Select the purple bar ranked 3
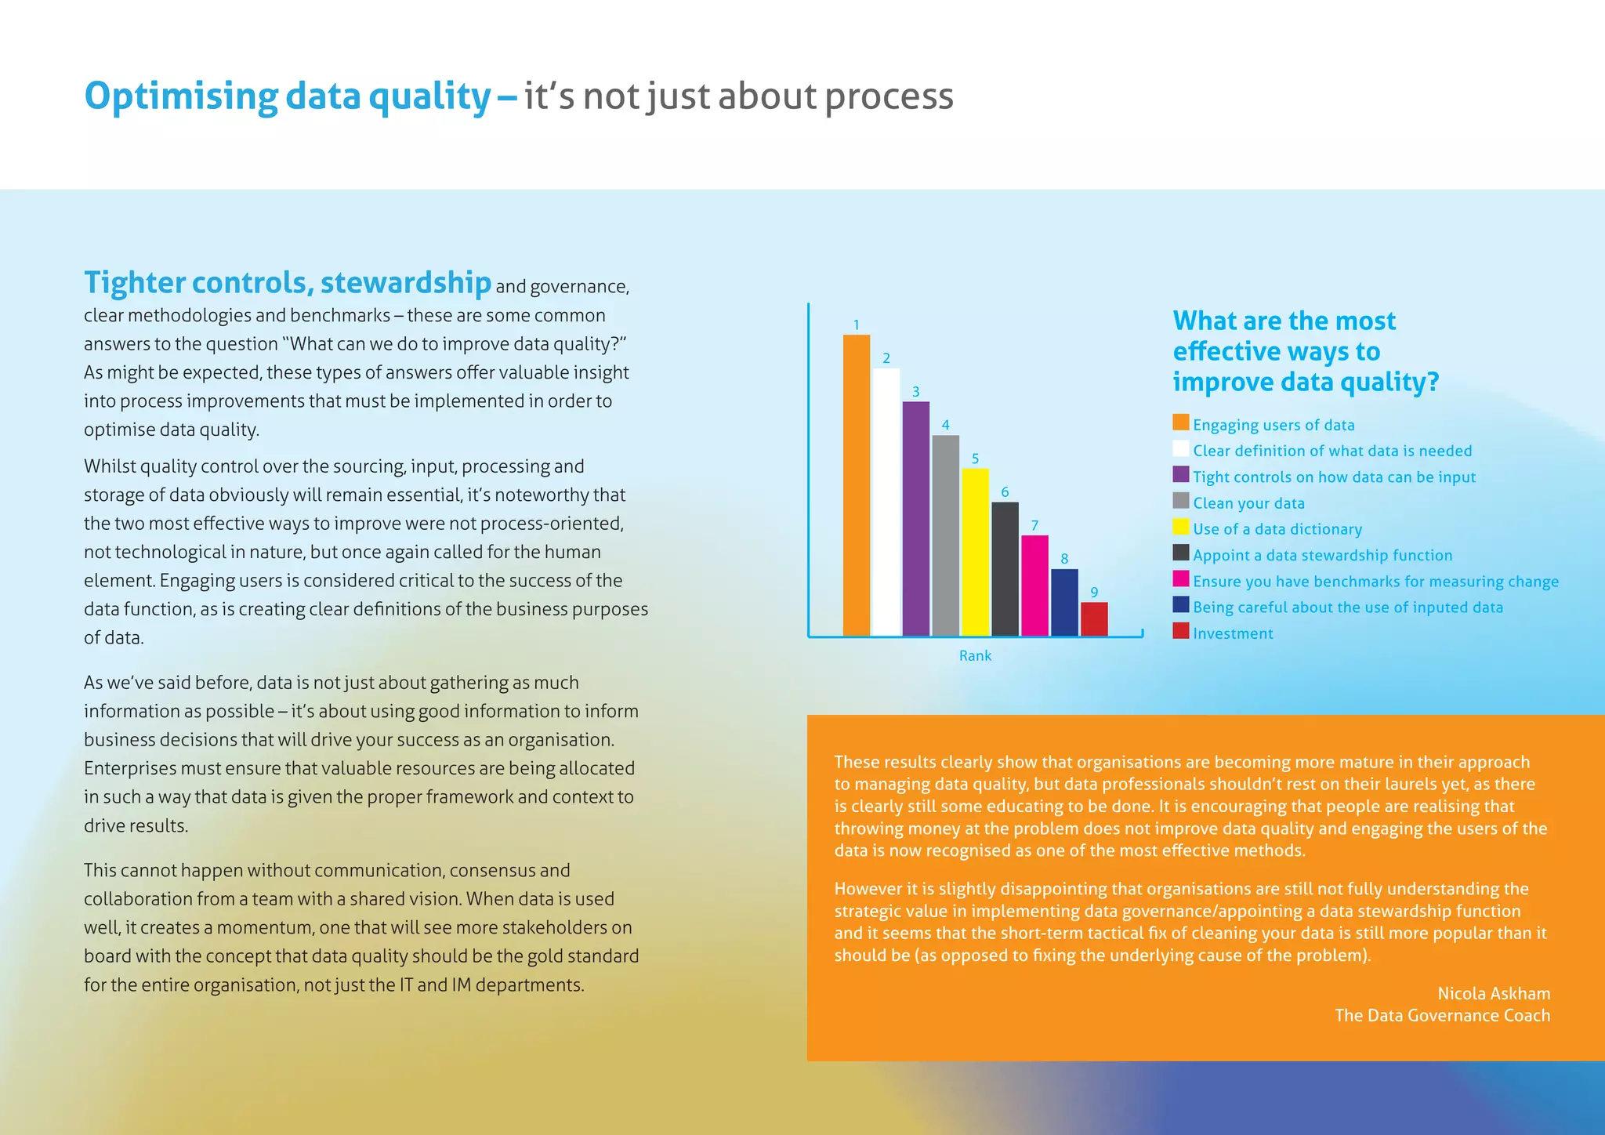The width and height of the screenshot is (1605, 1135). (915, 518)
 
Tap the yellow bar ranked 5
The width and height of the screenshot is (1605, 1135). (975, 552)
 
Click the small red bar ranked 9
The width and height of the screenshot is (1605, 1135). (1094, 618)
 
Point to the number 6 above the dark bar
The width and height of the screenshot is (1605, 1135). (1005, 492)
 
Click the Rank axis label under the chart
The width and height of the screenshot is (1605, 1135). (975, 655)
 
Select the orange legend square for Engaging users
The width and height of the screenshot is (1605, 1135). (1180, 422)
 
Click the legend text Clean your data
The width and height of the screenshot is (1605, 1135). (1248, 503)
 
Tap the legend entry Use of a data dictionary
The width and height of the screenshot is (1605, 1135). (1277, 529)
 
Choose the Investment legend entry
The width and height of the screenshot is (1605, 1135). (1233, 633)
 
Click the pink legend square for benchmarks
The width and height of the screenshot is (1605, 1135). (1180, 578)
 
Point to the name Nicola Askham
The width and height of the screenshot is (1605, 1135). (1494, 993)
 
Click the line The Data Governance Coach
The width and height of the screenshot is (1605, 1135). (1442, 1015)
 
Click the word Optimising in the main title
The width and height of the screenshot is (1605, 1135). (180, 96)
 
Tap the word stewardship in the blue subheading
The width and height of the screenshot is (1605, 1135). (405, 282)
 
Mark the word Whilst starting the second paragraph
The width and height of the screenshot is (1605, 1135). (110, 466)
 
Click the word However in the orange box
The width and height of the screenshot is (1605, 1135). (868, 889)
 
